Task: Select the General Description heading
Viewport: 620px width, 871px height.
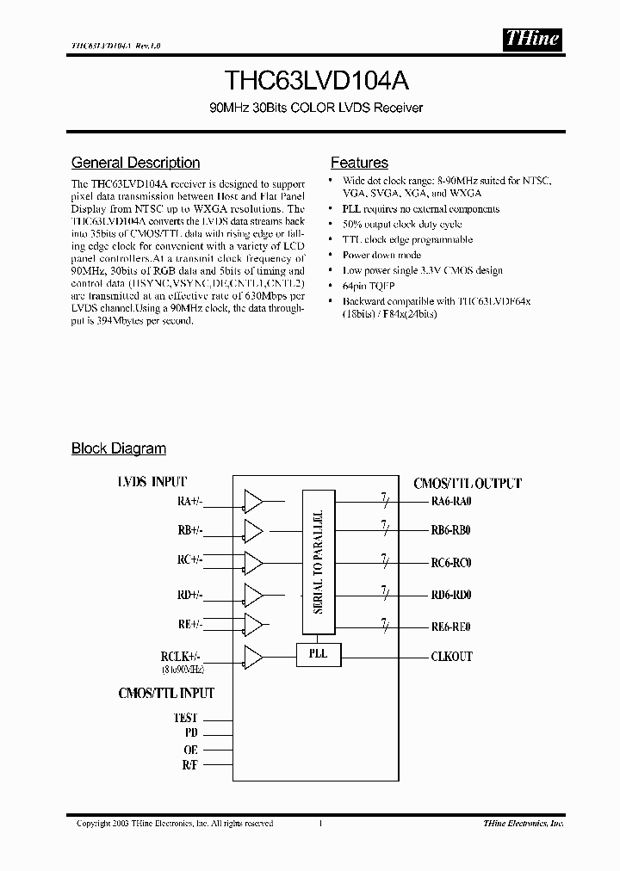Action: click(135, 163)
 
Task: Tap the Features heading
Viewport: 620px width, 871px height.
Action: click(359, 163)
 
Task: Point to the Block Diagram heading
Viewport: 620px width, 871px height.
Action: click(118, 448)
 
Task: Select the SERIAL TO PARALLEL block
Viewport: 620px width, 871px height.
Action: click(319, 561)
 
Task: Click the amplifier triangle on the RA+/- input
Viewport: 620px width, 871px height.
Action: click(254, 502)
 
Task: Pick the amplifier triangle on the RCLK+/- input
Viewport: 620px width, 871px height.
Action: click(254, 656)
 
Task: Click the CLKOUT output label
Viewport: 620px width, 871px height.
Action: click(451, 657)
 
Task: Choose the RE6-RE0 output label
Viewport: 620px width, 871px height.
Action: click(450, 626)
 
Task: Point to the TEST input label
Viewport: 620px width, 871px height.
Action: click(185, 717)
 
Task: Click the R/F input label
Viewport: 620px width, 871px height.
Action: click(189, 765)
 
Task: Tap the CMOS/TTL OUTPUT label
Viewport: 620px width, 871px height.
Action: click(468, 484)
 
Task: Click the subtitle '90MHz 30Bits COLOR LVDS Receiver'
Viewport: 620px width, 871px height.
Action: click(309, 108)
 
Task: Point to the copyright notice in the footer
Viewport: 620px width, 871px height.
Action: click(175, 824)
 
